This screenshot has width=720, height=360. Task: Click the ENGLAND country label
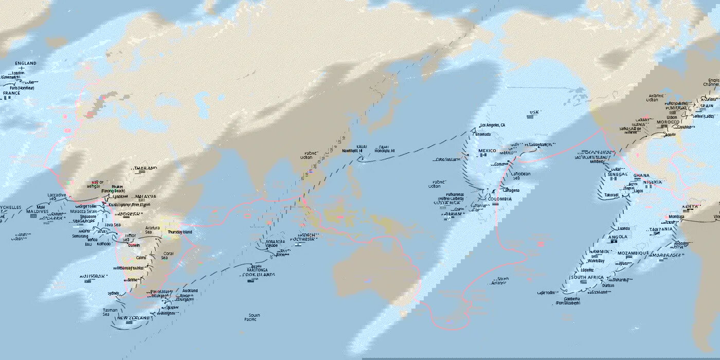26,63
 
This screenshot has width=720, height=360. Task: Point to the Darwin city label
134,245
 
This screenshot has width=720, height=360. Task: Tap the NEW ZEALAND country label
133,318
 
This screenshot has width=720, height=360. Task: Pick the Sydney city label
114,293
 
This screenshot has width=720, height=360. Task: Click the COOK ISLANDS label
258,275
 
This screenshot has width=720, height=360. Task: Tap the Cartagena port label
511,190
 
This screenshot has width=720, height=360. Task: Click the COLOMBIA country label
500,199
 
